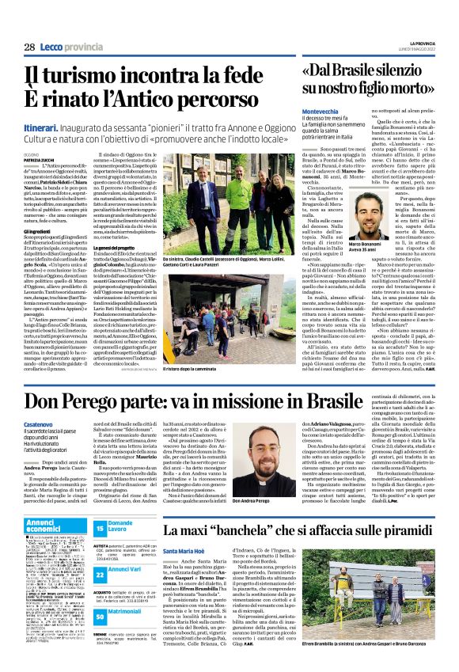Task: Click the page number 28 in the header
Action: pos(28,47)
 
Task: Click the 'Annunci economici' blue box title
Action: pos(48,524)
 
